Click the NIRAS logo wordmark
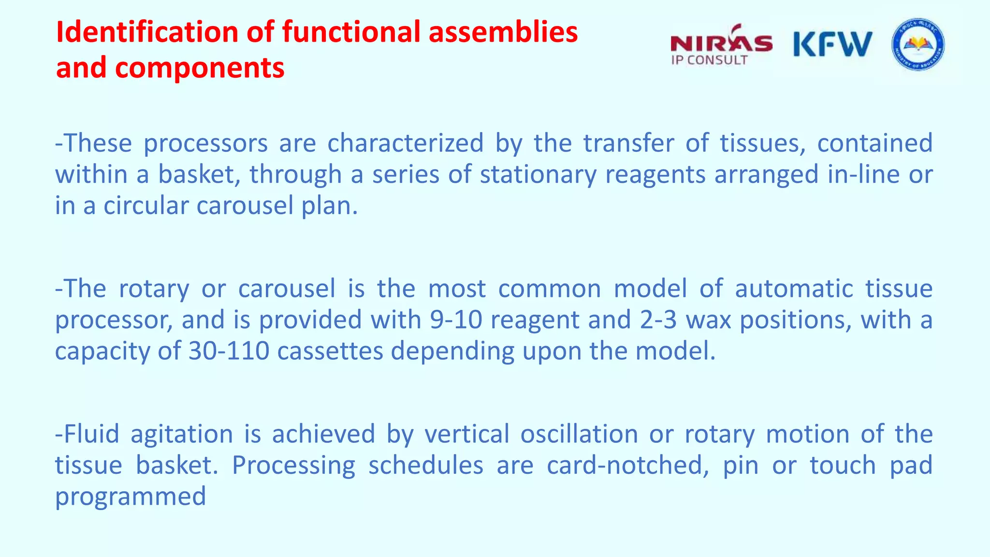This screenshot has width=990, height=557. [721, 43]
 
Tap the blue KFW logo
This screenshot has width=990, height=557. [832, 44]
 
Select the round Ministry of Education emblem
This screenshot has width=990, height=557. [917, 44]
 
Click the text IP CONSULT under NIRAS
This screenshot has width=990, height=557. [709, 60]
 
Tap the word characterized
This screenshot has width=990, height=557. [405, 143]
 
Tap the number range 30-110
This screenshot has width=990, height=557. [228, 351]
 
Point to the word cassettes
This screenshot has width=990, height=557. [330, 351]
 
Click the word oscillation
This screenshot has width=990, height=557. [579, 434]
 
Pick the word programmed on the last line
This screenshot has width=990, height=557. [131, 497]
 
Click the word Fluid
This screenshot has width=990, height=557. [91, 434]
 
